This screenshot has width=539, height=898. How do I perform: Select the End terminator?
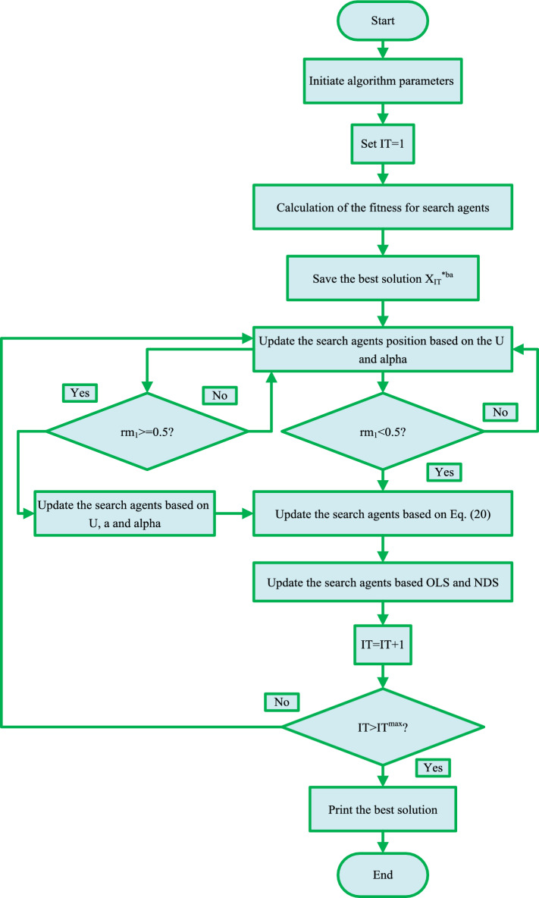[x=383, y=874]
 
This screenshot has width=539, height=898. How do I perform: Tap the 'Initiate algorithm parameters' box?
[x=383, y=82]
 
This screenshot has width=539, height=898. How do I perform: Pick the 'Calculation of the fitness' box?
[x=383, y=209]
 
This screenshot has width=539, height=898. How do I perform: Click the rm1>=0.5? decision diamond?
[x=148, y=432]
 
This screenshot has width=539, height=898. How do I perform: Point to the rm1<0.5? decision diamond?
[x=383, y=432]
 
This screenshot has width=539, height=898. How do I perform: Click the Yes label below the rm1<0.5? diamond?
[x=445, y=472]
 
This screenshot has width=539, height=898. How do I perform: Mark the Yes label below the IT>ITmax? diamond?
[x=433, y=768]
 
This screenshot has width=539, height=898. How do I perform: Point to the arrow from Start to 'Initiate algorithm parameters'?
[x=383, y=53]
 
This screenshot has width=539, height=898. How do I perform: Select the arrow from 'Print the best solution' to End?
[x=383, y=842]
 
